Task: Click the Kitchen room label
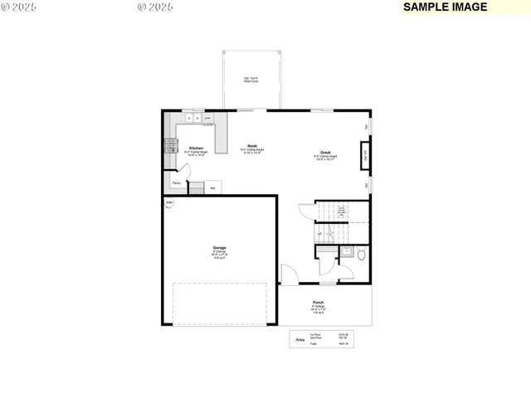click(x=196, y=148)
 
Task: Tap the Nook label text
click(x=251, y=145)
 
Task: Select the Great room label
click(x=326, y=153)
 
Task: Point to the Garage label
click(x=220, y=247)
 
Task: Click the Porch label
click(x=318, y=303)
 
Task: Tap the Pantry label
click(x=177, y=183)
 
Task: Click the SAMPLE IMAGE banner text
click(x=446, y=7)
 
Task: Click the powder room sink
click(x=347, y=251)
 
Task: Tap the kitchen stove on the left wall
click(x=171, y=146)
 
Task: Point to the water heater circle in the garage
click(x=169, y=203)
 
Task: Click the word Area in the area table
click(x=300, y=339)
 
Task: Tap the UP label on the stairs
click(x=319, y=234)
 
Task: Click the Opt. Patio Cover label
click(x=250, y=80)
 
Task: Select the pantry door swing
click(x=186, y=172)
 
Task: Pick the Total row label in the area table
click(x=315, y=343)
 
